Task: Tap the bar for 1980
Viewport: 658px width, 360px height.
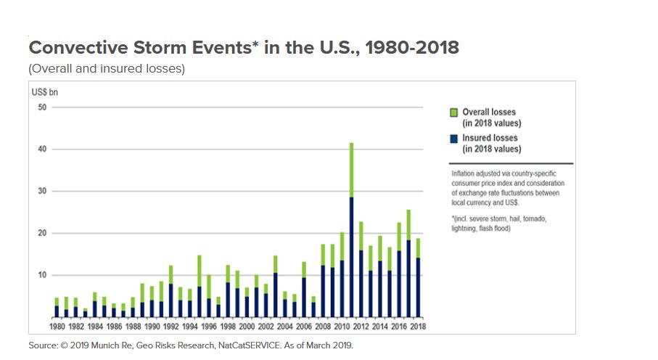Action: [x=57, y=308]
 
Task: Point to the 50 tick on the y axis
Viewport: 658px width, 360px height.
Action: [x=42, y=107]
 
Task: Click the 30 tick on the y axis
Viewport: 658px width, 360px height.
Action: [x=42, y=192]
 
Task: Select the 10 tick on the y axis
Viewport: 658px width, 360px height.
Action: [x=42, y=276]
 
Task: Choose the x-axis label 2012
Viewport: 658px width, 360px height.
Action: [x=361, y=326]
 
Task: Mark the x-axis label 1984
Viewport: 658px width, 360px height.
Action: [x=94, y=326]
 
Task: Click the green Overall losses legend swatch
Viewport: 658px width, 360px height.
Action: [x=453, y=113]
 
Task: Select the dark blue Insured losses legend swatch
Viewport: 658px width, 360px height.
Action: [x=453, y=139]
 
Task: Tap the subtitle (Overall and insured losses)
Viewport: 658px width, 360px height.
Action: [x=107, y=70]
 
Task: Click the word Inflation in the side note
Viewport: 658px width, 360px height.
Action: [x=464, y=174]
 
